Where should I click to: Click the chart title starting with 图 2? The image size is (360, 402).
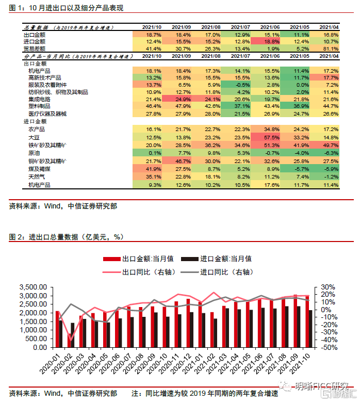click(67, 237)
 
